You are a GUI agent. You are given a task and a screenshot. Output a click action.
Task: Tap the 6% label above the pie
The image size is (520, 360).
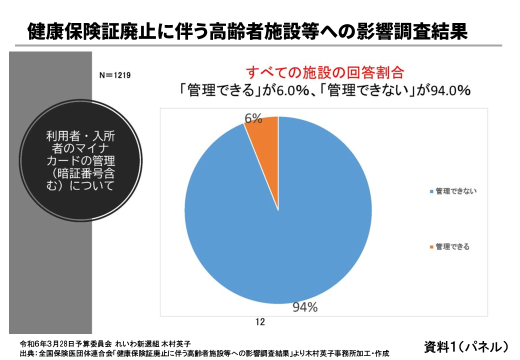[253, 118]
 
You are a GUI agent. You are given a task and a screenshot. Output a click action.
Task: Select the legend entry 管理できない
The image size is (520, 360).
[455, 191]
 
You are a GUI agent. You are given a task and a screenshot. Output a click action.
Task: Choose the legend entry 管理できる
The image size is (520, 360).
[452, 246]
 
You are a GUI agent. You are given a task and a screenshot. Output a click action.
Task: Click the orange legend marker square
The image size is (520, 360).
[431, 247]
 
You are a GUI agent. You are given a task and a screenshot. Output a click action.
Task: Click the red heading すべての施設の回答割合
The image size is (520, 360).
[324, 73]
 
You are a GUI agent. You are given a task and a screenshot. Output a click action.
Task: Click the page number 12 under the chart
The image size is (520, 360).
[259, 321]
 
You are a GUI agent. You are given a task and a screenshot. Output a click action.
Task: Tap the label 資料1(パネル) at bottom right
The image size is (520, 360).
[466, 346]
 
